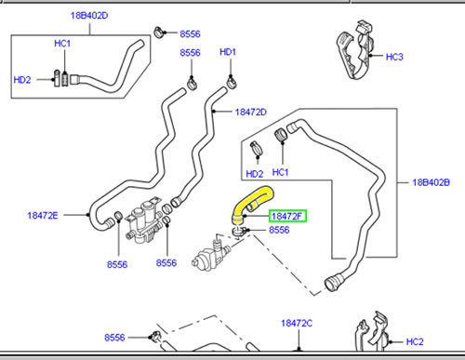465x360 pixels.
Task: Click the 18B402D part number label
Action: [x=89, y=17]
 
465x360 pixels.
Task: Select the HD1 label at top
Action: [x=227, y=52]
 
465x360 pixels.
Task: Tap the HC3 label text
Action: [x=395, y=57]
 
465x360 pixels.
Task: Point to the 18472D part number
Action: [x=250, y=112]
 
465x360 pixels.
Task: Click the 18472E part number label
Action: [x=43, y=215]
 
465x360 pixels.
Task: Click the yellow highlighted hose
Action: [x=254, y=199]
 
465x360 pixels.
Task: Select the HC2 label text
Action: [x=415, y=340]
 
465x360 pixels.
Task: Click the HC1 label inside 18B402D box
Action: [x=62, y=45]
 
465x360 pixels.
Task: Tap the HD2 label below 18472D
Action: [x=254, y=173]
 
